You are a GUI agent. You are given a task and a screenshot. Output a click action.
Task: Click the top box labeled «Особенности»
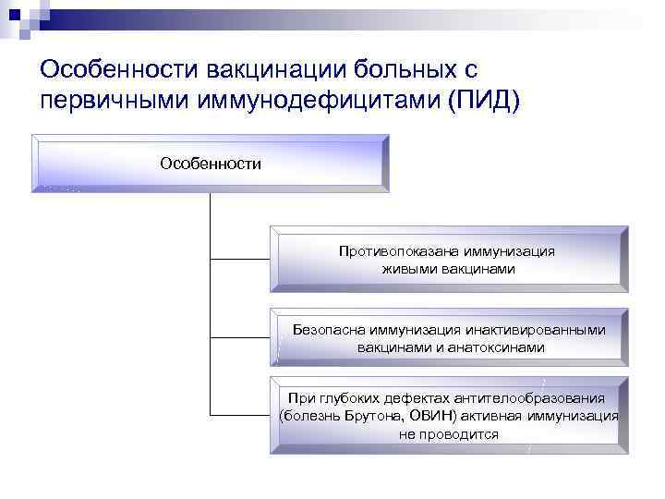(x=211, y=164)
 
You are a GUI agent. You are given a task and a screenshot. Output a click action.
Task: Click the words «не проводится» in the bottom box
(x=448, y=433)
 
